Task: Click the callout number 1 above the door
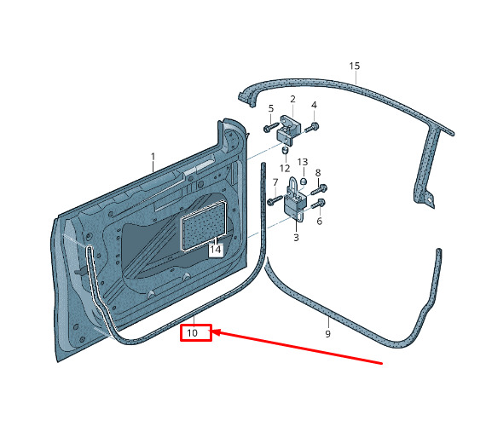[x=153, y=157]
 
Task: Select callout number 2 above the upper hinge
[x=293, y=99]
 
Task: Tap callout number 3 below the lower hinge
[x=296, y=238]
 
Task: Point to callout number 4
[x=314, y=105]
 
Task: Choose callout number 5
[x=271, y=108]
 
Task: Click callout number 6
[x=320, y=222]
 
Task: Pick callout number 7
[x=275, y=182]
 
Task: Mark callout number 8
[x=318, y=173]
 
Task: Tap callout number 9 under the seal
[x=328, y=333]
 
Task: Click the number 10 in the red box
[x=192, y=333]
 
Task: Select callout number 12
[x=285, y=169]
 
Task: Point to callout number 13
[x=303, y=162]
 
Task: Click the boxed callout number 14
[x=216, y=250]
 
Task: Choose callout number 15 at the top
[x=355, y=66]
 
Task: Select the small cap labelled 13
[x=304, y=181]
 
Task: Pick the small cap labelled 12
[x=285, y=150]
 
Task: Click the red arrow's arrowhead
[x=217, y=332]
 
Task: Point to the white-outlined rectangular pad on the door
[x=204, y=225]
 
